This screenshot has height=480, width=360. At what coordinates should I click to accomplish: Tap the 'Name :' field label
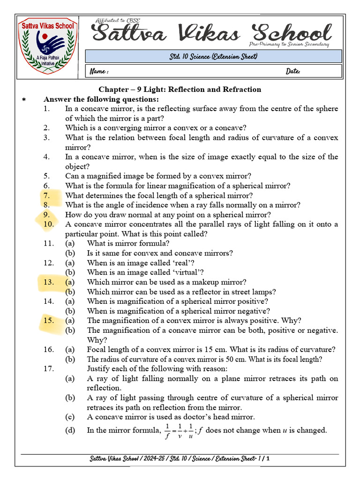[99, 71]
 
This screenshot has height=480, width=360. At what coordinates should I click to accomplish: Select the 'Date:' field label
[293, 71]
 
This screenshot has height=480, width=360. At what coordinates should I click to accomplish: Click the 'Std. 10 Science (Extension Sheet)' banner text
[213, 57]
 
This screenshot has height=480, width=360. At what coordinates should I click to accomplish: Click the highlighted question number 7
[46, 195]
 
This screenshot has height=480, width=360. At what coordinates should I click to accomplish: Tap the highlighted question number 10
[49, 224]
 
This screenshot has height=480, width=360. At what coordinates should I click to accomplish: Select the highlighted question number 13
[49, 282]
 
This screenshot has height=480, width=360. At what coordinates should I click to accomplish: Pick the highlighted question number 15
[49, 321]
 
